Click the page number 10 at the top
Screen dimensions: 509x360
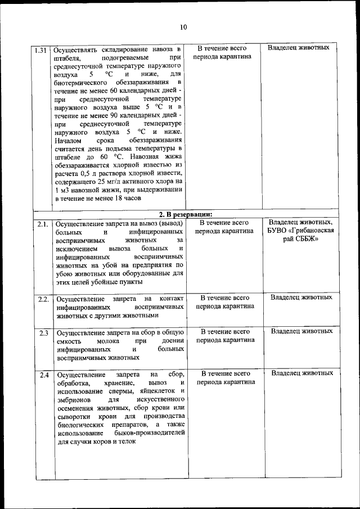(x=183, y=27)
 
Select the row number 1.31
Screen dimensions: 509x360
(x=41, y=49)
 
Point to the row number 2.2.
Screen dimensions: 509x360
(x=43, y=299)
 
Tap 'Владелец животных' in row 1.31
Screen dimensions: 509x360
(x=298, y=48)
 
